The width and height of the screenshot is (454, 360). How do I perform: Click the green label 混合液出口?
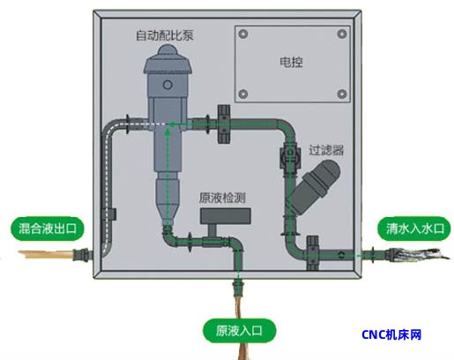pos(48,229)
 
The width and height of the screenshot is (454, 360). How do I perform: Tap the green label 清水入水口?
pos(414,229)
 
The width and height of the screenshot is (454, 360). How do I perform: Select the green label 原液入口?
pos(239,331)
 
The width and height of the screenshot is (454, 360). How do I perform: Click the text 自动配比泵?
pos(165,35)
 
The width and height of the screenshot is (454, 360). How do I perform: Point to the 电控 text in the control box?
pos(291,62)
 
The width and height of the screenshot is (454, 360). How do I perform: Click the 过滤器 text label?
pos(326,150)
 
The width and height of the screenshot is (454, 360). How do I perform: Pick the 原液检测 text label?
pos(222,198)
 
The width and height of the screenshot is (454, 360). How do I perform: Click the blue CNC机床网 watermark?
pos(391,334)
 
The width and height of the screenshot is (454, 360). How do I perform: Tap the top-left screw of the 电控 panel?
pos(243,34)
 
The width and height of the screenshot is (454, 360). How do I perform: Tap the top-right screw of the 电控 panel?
pos(342,34)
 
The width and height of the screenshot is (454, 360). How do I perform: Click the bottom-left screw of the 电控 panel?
pos(243,94)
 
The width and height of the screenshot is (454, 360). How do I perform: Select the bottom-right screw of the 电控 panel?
pos(342,94)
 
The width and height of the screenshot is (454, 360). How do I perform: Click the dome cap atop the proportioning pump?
pos(167,50)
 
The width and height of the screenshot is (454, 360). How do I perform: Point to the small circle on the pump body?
pos(167,85)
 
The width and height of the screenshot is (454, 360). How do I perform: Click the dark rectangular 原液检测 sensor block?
pos(226,216)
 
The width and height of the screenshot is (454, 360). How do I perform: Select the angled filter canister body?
pos(315,186)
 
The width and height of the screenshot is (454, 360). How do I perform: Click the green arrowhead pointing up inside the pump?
pos(167,131)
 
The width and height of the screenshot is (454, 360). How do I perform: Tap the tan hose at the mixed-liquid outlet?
pos(46,254)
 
